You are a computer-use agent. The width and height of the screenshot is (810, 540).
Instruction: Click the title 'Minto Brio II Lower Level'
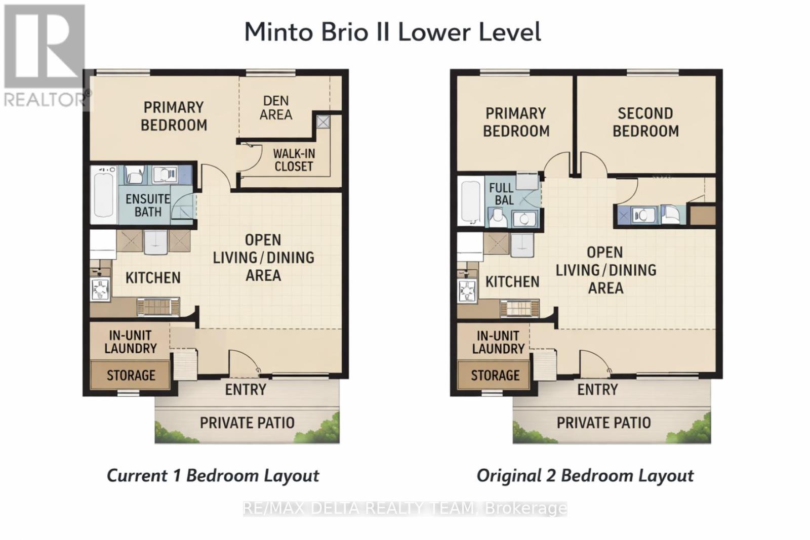coord(392,32)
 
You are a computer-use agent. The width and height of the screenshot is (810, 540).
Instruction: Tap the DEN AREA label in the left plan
coord(276,108)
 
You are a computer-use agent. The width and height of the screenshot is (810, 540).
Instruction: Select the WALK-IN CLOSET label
coord(294,159)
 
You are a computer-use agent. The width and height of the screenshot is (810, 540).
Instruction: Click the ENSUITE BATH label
coord(147,205)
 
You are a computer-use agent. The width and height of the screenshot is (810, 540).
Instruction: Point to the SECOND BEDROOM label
coord(645,122)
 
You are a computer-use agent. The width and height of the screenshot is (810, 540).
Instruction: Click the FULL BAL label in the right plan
coord(501,194)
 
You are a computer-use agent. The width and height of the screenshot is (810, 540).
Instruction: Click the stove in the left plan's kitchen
coord(100,289)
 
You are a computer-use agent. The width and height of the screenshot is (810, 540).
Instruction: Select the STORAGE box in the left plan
coord(131,375)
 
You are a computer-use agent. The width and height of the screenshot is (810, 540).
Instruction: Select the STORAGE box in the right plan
coord(495,375)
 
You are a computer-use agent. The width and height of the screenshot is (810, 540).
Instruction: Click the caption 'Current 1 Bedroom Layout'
coord(213,476)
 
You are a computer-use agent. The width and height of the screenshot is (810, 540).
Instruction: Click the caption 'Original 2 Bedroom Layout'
coord(585,476)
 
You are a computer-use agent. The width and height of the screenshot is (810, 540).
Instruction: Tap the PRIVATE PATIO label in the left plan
coord(247,423)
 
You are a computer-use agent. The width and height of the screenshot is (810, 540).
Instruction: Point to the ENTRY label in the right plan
coord(597,389)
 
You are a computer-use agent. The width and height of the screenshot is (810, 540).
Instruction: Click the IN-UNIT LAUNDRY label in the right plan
coord(498,342)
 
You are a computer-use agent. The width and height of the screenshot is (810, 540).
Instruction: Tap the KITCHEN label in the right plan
coord(512,281)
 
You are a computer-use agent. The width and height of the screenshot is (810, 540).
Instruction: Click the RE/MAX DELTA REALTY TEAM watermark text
coord(404,508)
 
